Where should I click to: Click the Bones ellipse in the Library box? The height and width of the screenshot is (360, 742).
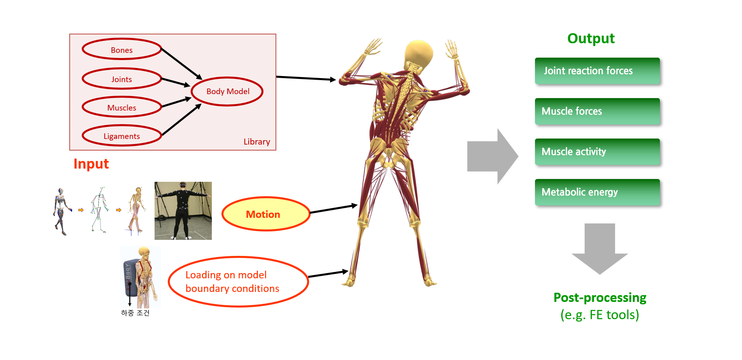tap(122, 49)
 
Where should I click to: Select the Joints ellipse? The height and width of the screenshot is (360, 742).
tap(122, 79)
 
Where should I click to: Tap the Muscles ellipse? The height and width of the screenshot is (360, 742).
tap(122, 107)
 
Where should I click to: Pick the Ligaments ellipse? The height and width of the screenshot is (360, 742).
tap(122, 136)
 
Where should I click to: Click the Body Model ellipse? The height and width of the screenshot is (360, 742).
tap(227, 91)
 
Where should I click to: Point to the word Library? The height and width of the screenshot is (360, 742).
tap(257, 142)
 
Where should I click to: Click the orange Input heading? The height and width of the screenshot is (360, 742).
tap(91, 164)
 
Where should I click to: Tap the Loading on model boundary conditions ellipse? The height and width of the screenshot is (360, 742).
tap(238, 282)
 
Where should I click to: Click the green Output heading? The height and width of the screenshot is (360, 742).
tap(591, 38)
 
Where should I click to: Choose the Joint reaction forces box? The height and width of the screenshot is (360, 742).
tap(597, 71)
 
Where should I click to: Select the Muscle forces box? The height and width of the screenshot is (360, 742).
tap(597, 111)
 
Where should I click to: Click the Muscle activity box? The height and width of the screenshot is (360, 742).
tap(597, 152)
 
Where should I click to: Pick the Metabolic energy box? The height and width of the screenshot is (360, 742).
tap(597, 192)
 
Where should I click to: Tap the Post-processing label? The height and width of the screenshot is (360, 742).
tap(599, 298)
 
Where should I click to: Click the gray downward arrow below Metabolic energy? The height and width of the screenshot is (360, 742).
tap(599, 248)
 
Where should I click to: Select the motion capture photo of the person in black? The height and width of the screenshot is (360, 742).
tap(183, 211)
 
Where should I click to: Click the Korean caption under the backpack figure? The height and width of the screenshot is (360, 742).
tap(135, 313)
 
